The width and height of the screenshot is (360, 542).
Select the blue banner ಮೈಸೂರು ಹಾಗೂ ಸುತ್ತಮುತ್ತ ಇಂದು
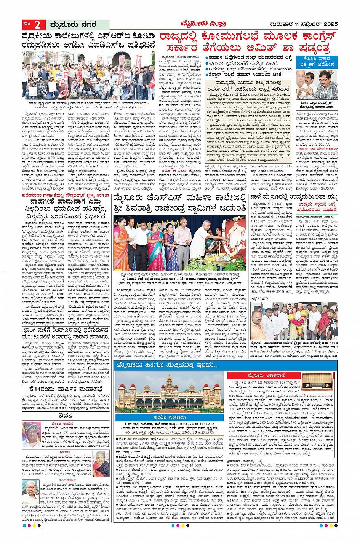[168, 365]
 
